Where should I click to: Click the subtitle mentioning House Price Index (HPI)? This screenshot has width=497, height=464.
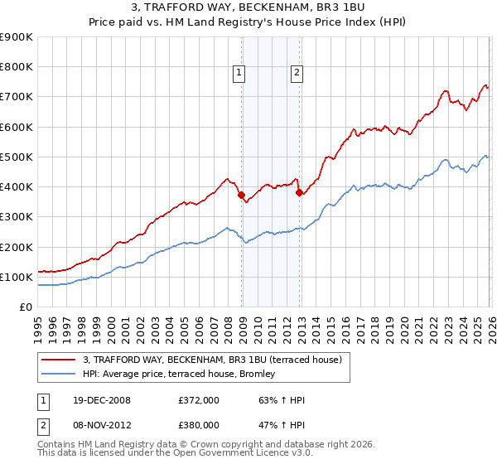tap(248, 22)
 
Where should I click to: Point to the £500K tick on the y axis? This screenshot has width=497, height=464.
tap(17, 157)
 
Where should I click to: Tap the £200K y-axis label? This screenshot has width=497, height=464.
tap(17, 247)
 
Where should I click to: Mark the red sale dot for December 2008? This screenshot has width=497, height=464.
tap(241, 196)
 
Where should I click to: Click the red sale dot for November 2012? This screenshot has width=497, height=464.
tap(299, 193)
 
